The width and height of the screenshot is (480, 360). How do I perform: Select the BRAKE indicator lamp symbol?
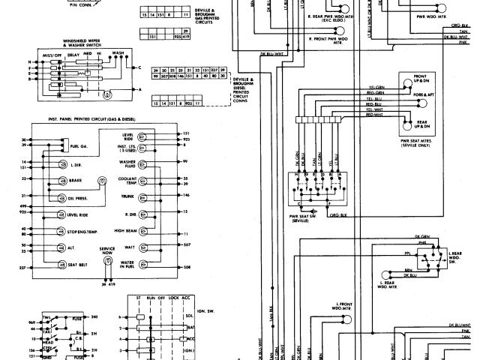pyautogui.click(x=61, y=181)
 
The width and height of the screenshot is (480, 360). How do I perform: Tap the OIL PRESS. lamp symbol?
pyautogui.click(x=61, y=199)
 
